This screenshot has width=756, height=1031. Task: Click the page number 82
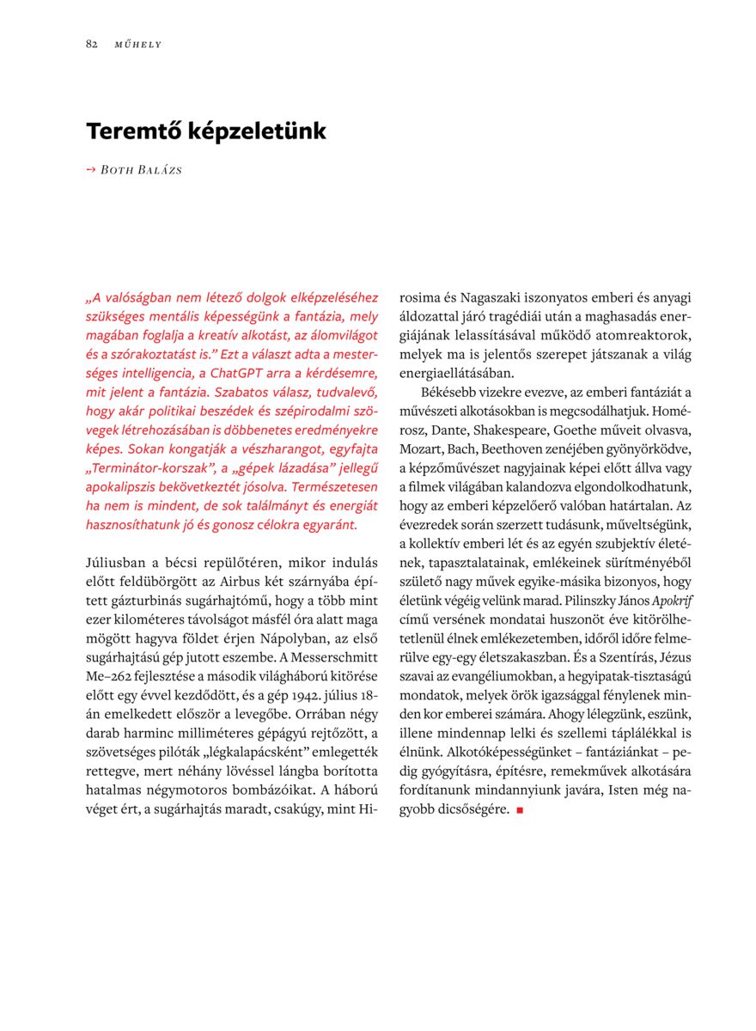[91, 44]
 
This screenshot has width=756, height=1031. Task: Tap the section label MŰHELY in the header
[137, 45]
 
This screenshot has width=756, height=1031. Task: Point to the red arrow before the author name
[91, 170]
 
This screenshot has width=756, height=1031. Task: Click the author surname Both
[118, 170]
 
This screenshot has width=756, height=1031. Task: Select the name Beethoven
[521, 448]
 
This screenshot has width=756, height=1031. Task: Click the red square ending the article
[520, 810]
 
